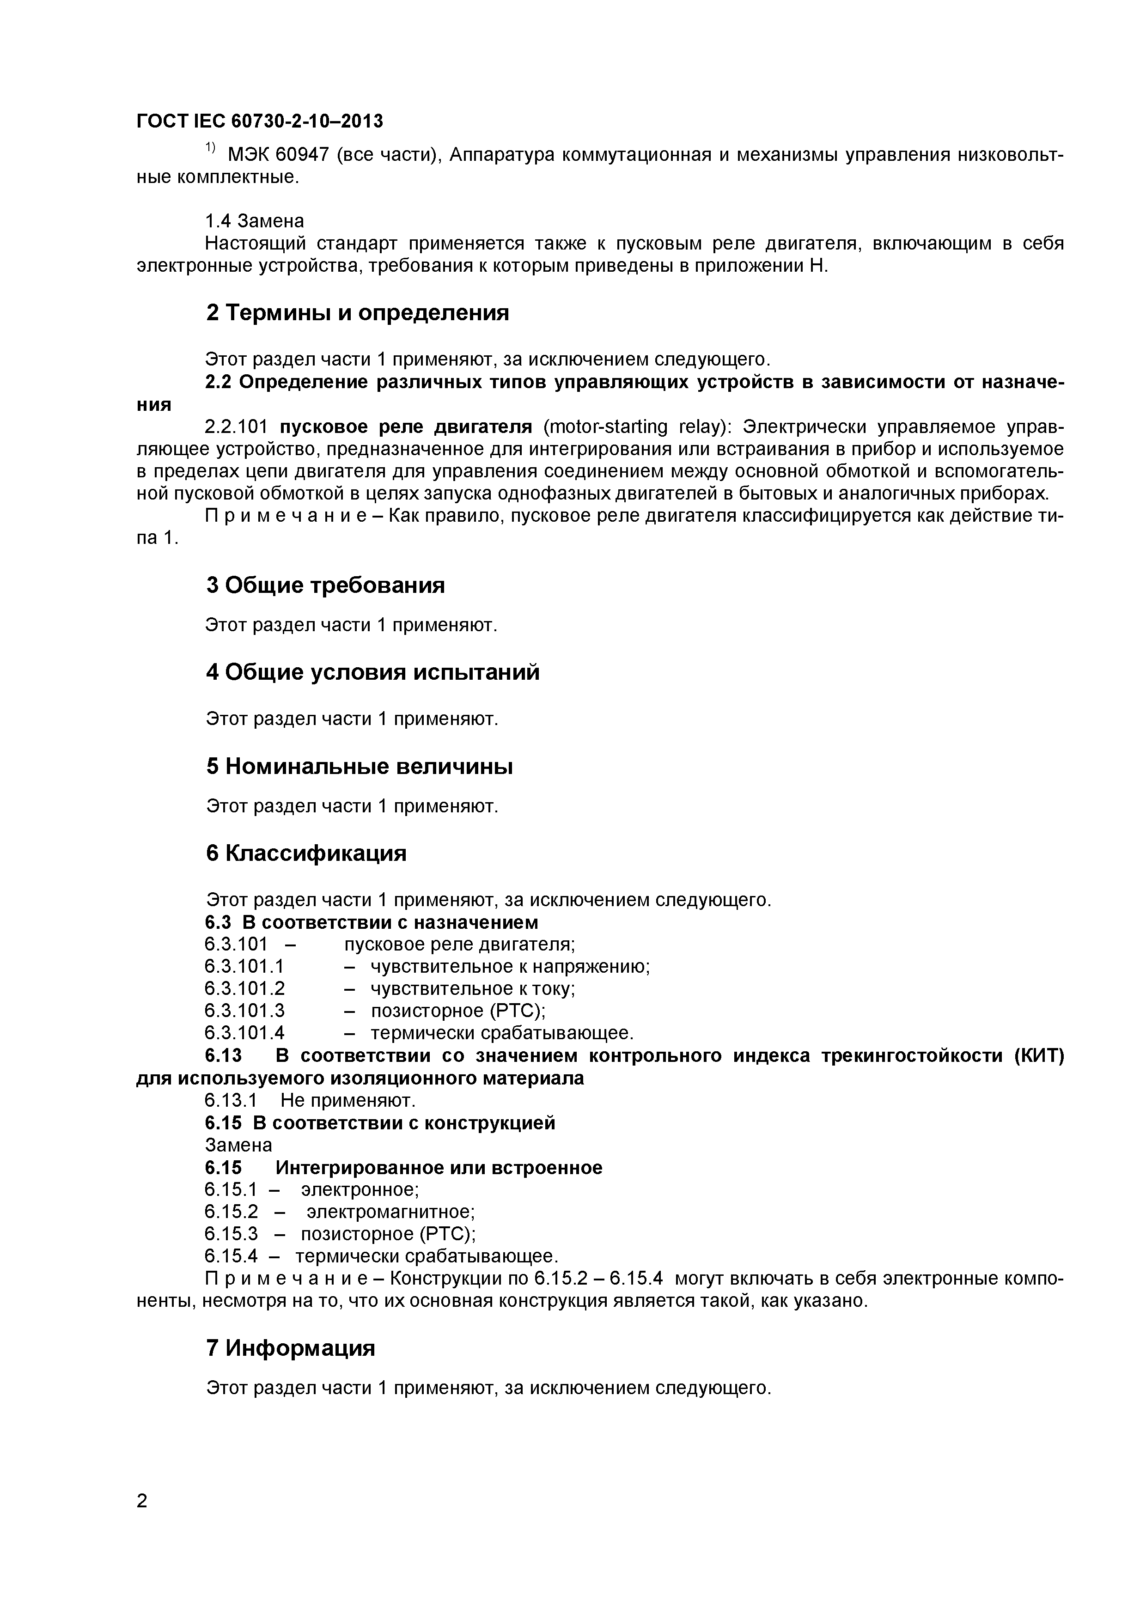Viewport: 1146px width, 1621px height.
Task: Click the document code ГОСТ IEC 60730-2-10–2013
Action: tap(259, 122)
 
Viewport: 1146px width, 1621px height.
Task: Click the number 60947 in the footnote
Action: tap(301, 155)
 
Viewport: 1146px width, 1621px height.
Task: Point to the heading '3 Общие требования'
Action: tap(325, 585)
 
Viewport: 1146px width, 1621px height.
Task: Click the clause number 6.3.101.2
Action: tap(244, 988)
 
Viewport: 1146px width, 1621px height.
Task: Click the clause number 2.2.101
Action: tap(237, 427)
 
